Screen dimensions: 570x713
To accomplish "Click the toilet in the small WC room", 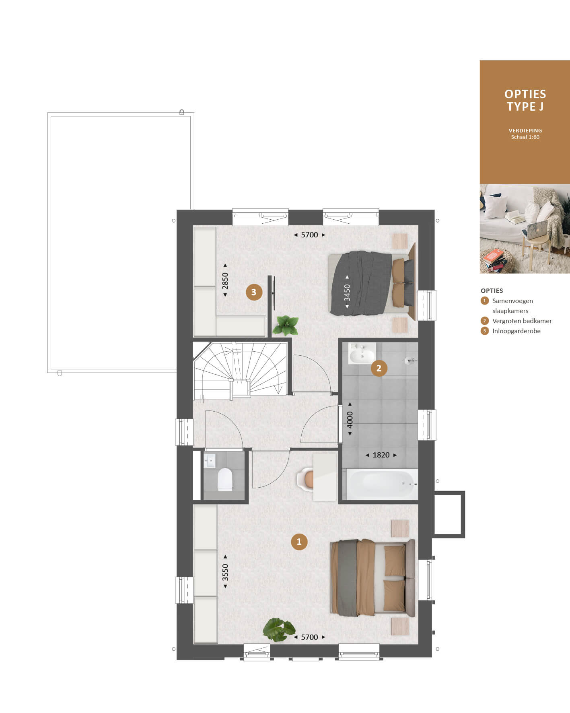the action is tap(225, 479).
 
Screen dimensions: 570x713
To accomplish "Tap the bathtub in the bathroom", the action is tap(380, 484).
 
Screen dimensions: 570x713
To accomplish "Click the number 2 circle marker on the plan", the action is tap(379, 368).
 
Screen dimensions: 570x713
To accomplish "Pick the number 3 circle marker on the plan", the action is tap(254, 292).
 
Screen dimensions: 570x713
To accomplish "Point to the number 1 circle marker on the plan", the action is tap(299, 542).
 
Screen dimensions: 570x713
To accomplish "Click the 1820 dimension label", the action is tap(381, 455).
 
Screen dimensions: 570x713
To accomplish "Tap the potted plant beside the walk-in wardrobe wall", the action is tap(286, 325).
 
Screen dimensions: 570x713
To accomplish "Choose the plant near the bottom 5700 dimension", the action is tap(279, 630).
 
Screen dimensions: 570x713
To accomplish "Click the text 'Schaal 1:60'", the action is tap(525, 137).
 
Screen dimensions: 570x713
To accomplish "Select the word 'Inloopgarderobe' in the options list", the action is tap(516, 331).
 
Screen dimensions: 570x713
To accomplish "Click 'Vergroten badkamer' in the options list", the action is tap(522, 321).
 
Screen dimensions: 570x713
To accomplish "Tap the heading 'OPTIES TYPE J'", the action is tap(525, 100).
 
